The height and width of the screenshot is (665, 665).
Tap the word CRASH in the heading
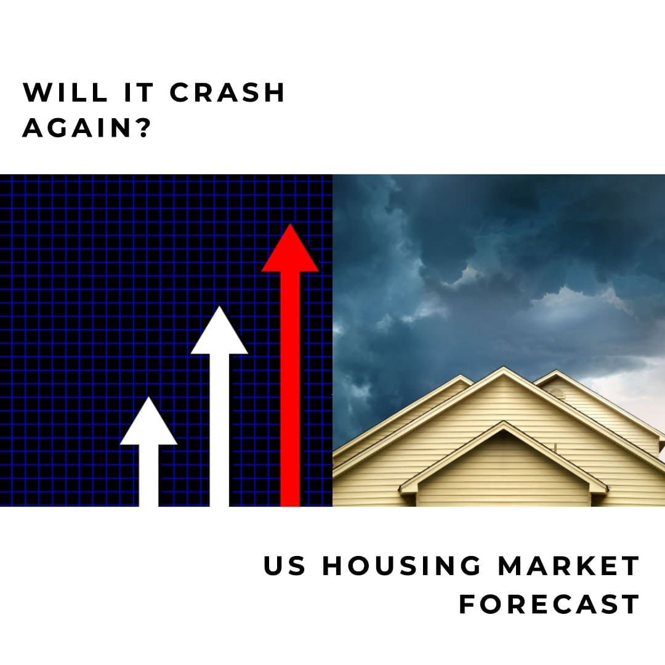coord(228,92)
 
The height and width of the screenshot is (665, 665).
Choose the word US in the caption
coord(284,566)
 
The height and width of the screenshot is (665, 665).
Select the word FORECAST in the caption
coord(549,604)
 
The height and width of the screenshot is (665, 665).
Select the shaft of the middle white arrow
coord(219,431)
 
